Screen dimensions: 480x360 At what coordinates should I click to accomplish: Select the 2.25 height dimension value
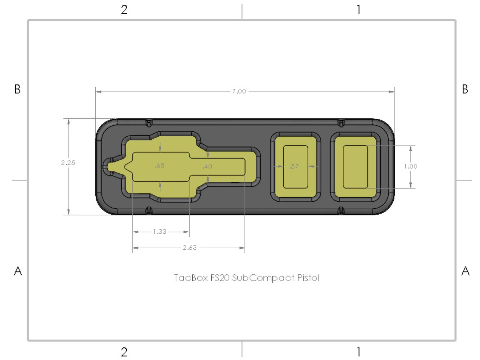point(68,163)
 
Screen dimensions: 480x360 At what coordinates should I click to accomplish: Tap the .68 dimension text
point(159,165)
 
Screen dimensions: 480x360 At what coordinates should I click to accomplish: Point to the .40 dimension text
point(207,166)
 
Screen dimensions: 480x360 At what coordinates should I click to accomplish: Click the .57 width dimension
point(294,166)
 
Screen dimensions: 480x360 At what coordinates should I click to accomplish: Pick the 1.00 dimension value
point(410,166)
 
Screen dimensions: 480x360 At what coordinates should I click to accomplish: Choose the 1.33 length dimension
point(160,231)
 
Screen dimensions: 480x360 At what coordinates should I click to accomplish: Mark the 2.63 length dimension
point(190,248)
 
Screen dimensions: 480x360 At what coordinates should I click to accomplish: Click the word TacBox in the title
point(191,278)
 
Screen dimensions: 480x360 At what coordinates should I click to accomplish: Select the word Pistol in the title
point(308,278)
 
